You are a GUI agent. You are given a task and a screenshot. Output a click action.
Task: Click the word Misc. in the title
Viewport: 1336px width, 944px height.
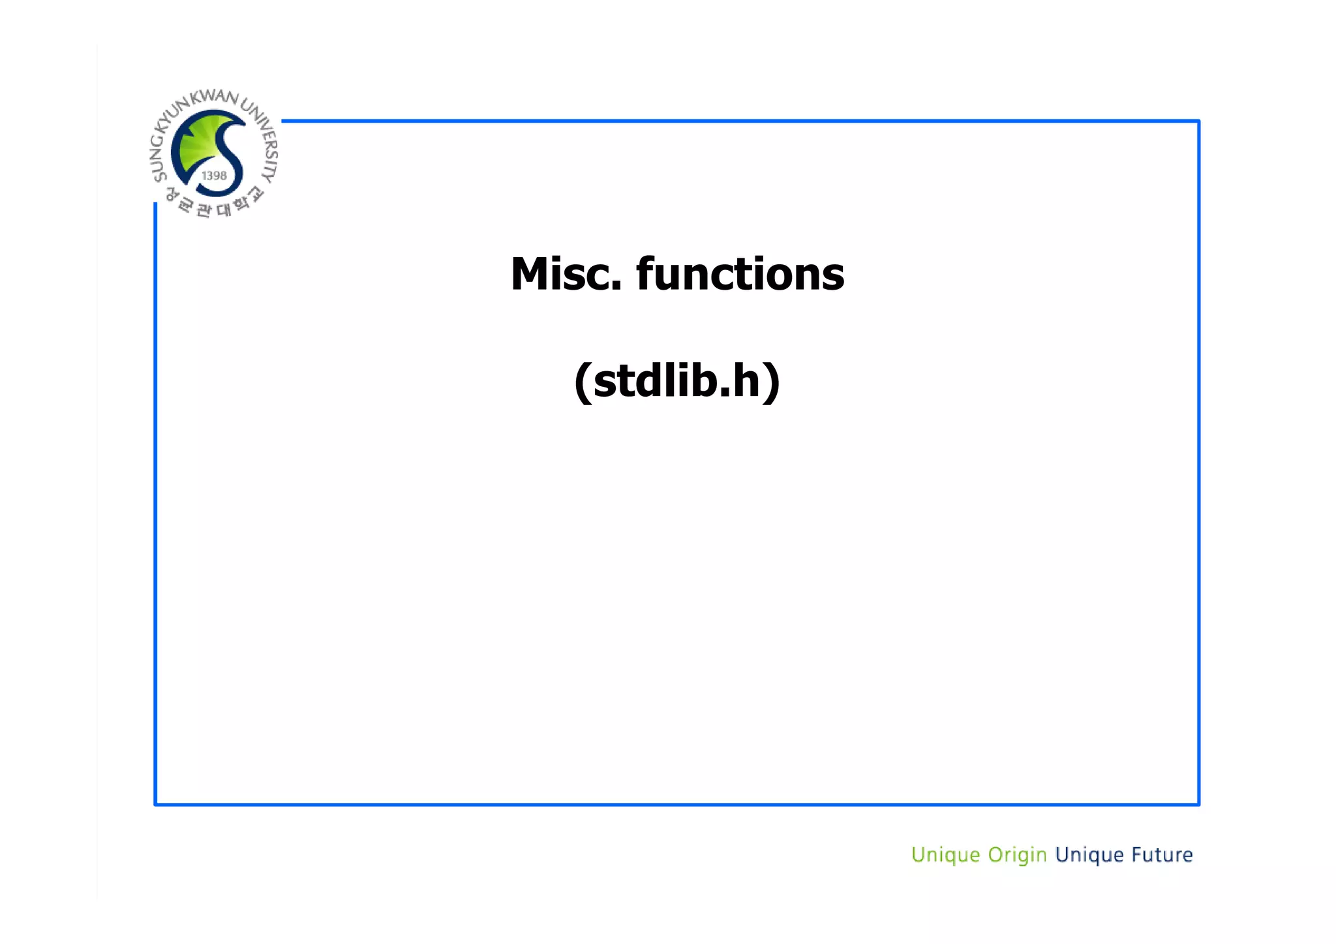(565, 274)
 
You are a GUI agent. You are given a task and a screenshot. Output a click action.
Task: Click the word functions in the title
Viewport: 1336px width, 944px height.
(740, 274)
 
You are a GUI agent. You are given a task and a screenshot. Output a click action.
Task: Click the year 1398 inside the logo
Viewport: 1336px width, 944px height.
(214, 176)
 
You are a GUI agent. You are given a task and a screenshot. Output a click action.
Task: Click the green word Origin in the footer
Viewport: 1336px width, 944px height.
(1017, 855)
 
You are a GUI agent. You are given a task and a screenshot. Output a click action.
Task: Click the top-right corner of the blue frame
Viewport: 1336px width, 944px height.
(1198, 121)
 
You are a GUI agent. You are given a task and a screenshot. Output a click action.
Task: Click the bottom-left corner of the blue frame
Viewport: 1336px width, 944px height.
(156, 804)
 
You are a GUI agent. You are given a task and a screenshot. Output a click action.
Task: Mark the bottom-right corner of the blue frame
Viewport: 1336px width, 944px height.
(1198, 804)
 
